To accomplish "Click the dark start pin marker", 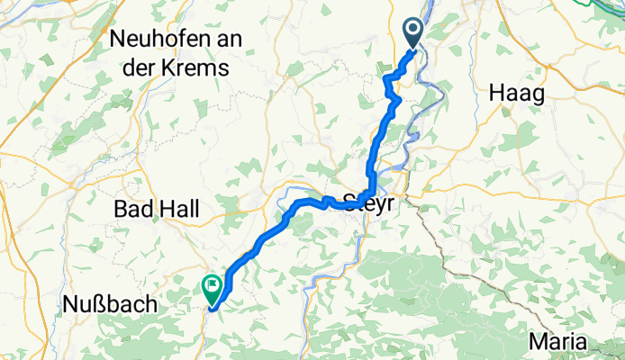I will [x=413, y=32].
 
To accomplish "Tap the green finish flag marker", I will [x=213, y=288].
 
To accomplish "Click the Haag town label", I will [x=517, y=92].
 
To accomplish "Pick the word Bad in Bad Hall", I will [x=131, y=210].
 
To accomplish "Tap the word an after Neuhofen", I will [x=217, y=40].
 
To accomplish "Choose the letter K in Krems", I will [x=174, y=67].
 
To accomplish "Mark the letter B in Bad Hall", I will [x=120, y=210].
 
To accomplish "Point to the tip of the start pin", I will [x=413, y=49].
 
